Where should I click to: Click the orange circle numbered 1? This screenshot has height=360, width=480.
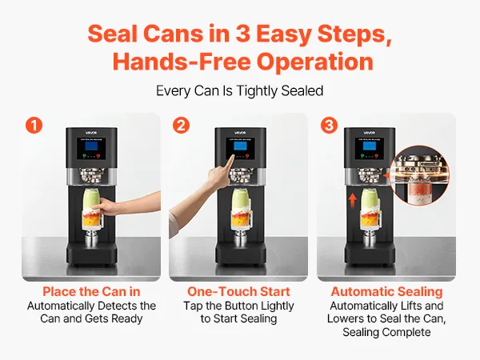click(34, 126)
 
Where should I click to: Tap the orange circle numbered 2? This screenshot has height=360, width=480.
click(181, 126)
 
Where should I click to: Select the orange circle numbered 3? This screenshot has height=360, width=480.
click(329, 126)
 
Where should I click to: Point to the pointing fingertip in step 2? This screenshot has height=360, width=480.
click(232, 157)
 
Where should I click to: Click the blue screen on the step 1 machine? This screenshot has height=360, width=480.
click(91, 146)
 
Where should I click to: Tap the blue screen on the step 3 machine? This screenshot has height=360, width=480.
click(370, 146)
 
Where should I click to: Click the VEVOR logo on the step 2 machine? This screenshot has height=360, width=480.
click(240, 133)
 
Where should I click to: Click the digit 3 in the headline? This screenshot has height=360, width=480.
click(242, 34)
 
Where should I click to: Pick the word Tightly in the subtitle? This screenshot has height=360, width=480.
click(257, 91)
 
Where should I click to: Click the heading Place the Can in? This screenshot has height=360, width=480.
click(91, 291)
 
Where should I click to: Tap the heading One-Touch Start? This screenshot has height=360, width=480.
click(238, 291)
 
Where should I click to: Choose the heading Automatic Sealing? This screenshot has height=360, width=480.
click(387, 292)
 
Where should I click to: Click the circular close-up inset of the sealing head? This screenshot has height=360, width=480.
click(422, 176)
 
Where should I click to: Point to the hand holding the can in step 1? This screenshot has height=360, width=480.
click(106, 207)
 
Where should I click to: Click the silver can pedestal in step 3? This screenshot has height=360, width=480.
click(370, 239)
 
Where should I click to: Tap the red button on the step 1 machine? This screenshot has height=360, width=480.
click(98, 156)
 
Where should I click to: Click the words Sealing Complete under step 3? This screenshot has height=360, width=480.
click(386, 332)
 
